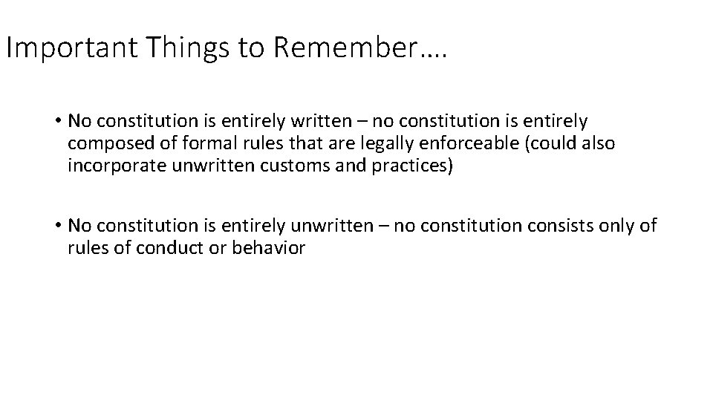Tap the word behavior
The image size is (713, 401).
[268, 247]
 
